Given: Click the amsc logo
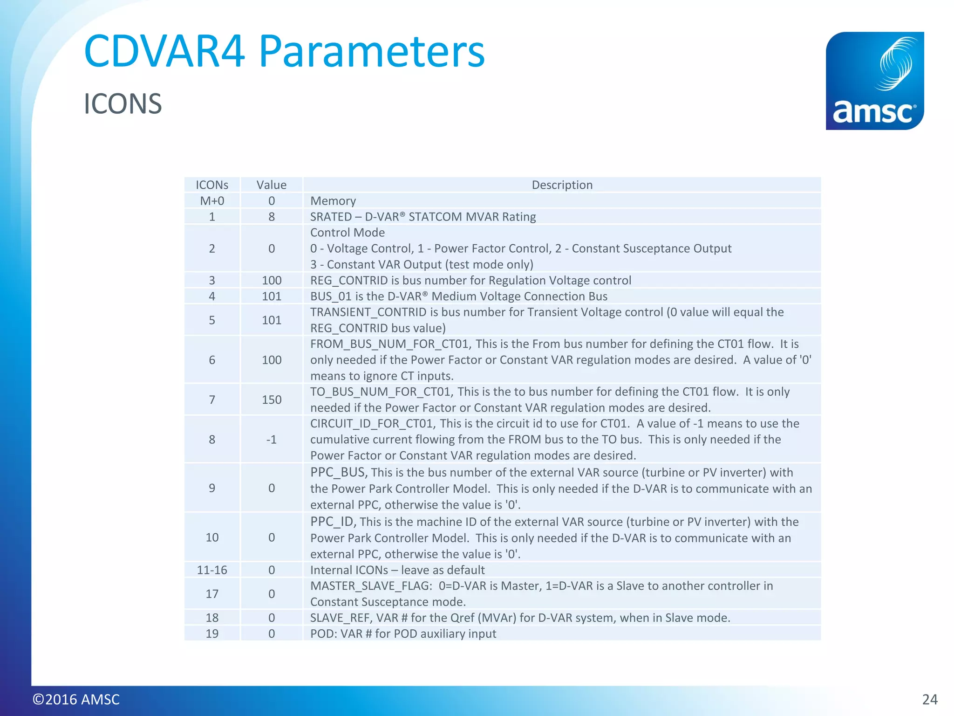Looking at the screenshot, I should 874,81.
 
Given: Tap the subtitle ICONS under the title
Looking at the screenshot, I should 123,103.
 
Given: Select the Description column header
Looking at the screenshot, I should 562,185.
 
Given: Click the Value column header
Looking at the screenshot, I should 271,185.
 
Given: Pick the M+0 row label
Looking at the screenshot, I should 212,201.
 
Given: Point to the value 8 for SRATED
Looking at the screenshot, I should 271,217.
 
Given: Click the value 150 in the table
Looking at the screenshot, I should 271,399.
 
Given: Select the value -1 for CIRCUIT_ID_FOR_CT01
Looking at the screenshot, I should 271,440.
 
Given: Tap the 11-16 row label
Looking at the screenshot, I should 212,570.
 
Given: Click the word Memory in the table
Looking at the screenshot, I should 333,201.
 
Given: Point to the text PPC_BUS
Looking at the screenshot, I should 338,472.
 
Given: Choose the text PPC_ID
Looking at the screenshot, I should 332,522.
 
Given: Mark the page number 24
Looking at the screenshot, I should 929,699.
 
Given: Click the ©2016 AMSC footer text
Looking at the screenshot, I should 76,699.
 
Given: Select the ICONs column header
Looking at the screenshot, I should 212,185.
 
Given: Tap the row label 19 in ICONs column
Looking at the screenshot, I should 212,633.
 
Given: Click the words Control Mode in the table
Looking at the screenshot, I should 348,233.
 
